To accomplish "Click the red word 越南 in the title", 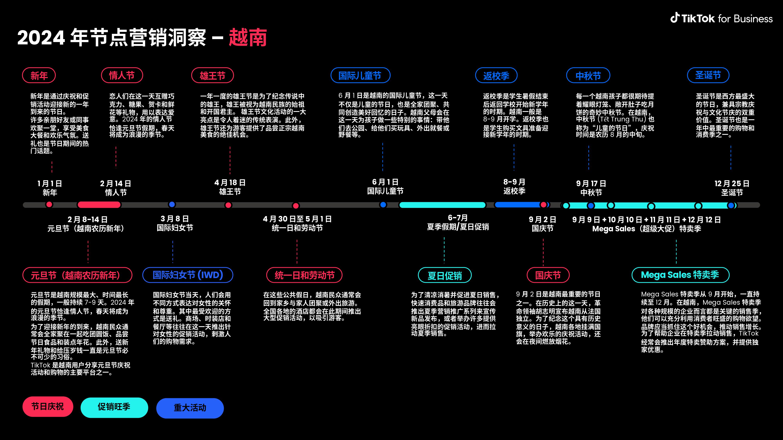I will tap(248, 38).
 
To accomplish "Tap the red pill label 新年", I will tap(39, 75).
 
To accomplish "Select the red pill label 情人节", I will tap(122, 75).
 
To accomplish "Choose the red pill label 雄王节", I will tap(212, 75).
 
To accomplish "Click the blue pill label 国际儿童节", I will tap(360, 75).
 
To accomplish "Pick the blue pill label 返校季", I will tap(496, 75).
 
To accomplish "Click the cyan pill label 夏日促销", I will tap(445, 275).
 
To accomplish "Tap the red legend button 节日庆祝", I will tap(48, 407).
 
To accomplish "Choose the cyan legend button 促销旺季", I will tap(114, 407).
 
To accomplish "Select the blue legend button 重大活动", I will tap(190, 408).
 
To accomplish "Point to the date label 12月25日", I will tap(732, 183).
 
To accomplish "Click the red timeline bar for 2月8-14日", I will tap(99, 205).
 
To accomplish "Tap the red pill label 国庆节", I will tap(548, 275).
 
